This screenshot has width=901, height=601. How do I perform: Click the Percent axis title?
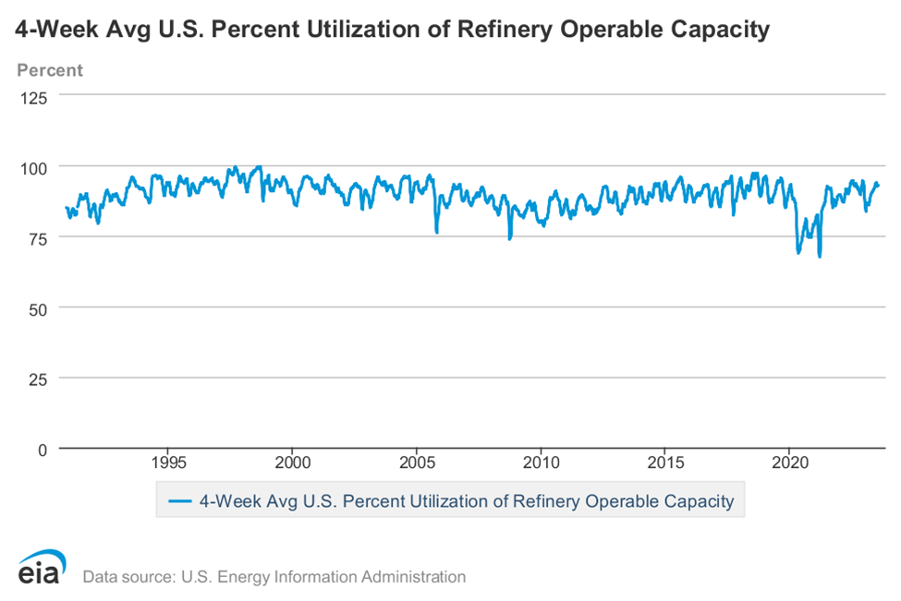[x=49, y=70]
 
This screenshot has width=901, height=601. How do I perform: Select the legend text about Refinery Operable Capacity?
[x=466, y=501]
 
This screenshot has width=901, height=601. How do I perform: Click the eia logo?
[x=39, y=568]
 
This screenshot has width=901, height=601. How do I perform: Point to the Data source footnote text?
[x=274, y=577]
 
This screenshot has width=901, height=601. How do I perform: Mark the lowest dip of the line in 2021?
[x=820, y=256]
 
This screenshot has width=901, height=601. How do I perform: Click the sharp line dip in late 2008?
[x=509, y=238]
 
